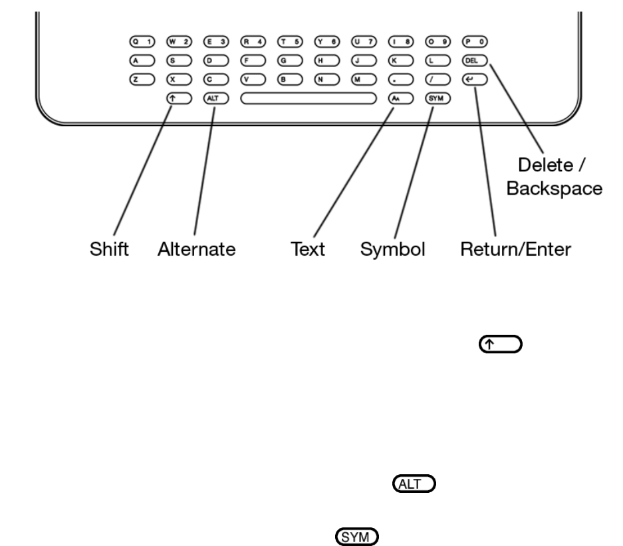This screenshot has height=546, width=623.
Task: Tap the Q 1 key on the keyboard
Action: tap(142, 42)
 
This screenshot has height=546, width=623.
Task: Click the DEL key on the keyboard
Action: tap(475, 60)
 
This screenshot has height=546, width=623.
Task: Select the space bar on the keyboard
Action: tap(309, 98)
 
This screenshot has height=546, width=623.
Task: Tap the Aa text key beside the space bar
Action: tap(401, 98)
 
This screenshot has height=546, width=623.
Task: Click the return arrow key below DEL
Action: tap(475, 80)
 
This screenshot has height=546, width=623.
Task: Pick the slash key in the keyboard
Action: tap(438, 80)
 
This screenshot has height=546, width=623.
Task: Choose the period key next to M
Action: tap(401, 80)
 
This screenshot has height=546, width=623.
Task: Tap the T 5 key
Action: tap(290, 42)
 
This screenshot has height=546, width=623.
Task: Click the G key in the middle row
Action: tap(290, 60)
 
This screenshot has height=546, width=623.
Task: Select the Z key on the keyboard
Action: tap(142, 80)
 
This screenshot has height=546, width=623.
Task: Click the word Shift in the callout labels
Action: tap(109, 249)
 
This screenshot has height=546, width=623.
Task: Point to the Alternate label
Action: tap(197, 249)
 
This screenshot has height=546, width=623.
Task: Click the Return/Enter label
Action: tap(516, 249)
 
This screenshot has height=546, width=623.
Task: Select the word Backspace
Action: tap(555, 189)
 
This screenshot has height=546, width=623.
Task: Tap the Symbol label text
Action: tap(392, 250)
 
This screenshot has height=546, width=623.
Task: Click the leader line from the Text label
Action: tap(354, 172)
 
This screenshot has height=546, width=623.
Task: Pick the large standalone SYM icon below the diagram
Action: tap(357, 537)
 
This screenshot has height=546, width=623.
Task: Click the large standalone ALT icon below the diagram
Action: tap(414, 484)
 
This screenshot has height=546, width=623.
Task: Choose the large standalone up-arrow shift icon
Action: tap(501, 344)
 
